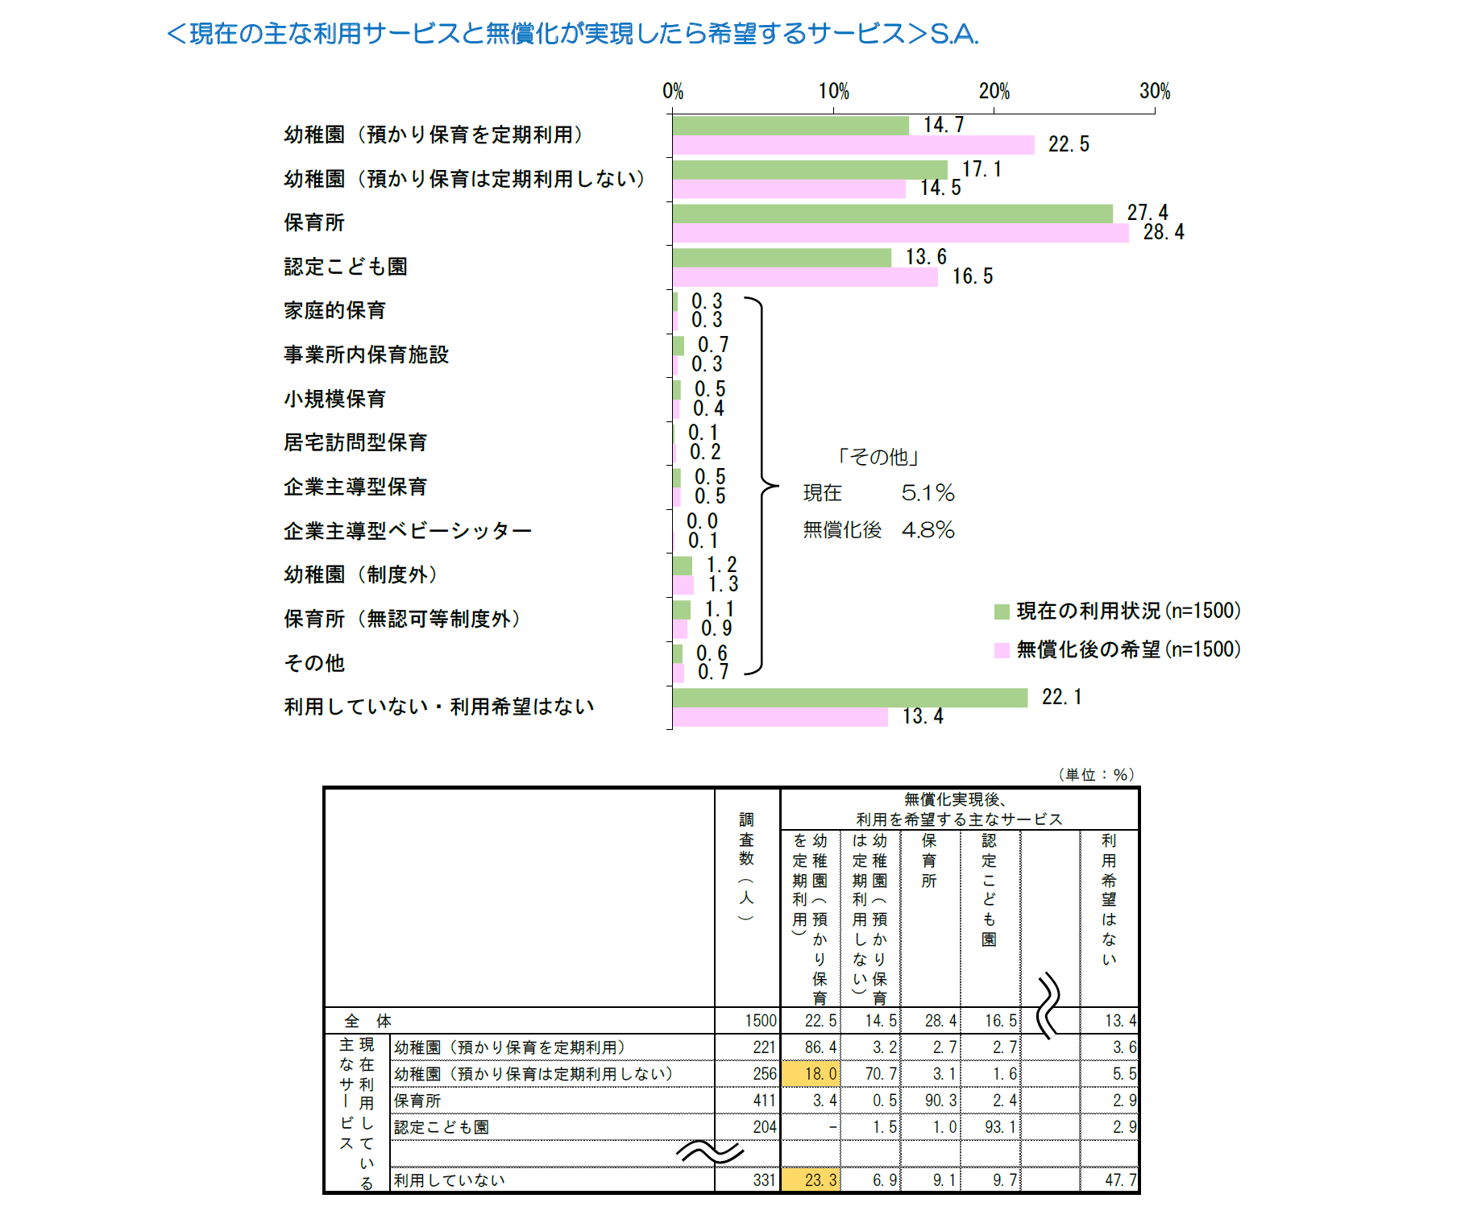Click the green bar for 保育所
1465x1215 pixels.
click(x=892, y=214)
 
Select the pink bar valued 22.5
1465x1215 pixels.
click(x=853, y=145)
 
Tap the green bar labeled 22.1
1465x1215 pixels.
click(x=850, y=698)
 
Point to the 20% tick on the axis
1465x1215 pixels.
click(x=994, y=92)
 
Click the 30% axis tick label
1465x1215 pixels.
click(x=1154, y=92)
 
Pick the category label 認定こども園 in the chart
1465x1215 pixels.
click(x=346, y=267)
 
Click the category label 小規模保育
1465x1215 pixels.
click(x=334, y=399)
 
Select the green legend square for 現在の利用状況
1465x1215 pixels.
click(x=1002, y=612)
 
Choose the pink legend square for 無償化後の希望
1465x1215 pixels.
click(x=1002, y=650)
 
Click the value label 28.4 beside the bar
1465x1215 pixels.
click(x=1163, y=233)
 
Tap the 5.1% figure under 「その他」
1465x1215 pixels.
click(x=928, y=493)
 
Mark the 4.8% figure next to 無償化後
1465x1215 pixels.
click(x=928, y=530)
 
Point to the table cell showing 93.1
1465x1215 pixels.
click(x=1000, y=1127)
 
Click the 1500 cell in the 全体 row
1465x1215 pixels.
click(x=760, y=1021)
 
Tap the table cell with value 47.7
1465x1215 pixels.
click(x=1120, y=1180)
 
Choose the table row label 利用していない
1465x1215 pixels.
click(x=449, y=1180)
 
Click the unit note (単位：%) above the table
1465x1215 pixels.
click(x=1096, y=775)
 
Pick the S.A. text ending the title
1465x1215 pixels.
click(x=954, y=34)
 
